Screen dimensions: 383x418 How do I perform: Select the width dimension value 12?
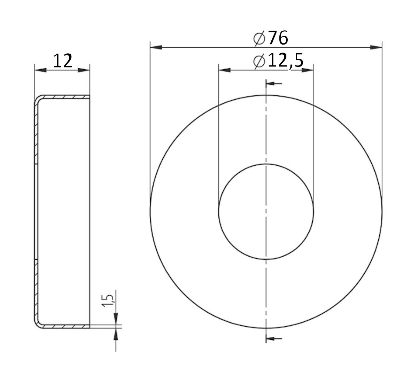[62, 61]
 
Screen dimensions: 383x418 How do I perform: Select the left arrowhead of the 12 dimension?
[40, 70]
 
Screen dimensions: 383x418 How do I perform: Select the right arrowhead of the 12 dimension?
[85, 70]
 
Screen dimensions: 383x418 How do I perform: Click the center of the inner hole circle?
[266, 211]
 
